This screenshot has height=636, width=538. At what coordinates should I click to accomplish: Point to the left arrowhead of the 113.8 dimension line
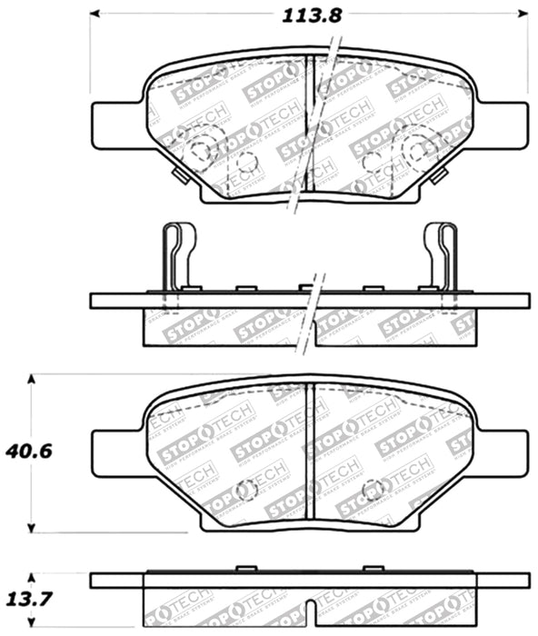click(96, 15)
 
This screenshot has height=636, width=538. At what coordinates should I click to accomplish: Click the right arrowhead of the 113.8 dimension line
click(523, 15)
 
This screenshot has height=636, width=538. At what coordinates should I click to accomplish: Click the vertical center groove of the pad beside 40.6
click(310, 454)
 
